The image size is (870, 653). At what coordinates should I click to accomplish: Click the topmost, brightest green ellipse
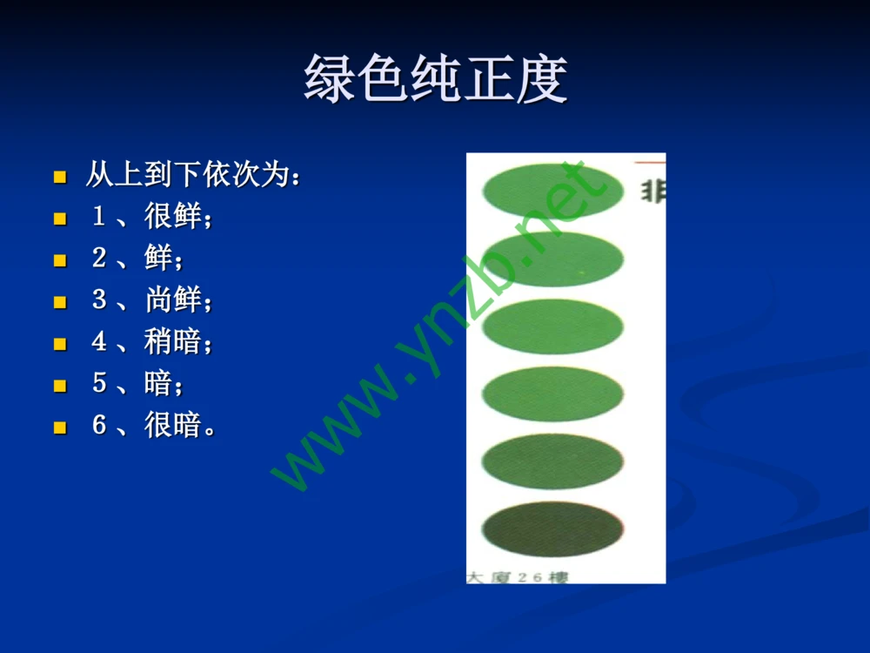[552, 191]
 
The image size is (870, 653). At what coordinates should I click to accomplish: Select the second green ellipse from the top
[552, 259]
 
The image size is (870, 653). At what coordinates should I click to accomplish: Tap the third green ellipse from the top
[552, 326]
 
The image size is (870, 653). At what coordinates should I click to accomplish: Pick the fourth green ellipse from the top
[552, 394]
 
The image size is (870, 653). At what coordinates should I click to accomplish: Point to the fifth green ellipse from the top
[552, 461]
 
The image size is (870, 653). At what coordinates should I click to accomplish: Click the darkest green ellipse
[552, 528]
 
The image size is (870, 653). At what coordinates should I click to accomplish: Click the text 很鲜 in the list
[173, 217]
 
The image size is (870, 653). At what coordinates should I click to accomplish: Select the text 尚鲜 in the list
[173, 300]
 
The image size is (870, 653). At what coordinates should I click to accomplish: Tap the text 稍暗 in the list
[173, 342]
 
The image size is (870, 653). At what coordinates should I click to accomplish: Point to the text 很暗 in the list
[173, 426]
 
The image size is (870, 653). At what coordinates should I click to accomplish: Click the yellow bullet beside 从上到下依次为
[60, 177]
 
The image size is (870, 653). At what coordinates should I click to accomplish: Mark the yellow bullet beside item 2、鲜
[60, 260]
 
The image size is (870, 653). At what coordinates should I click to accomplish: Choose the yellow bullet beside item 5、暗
[60, 386]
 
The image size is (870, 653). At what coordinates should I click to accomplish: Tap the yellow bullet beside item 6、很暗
[60, 427]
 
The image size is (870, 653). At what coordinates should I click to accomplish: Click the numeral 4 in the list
[99, 342]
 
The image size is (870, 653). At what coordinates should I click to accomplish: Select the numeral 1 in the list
[99, 217]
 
